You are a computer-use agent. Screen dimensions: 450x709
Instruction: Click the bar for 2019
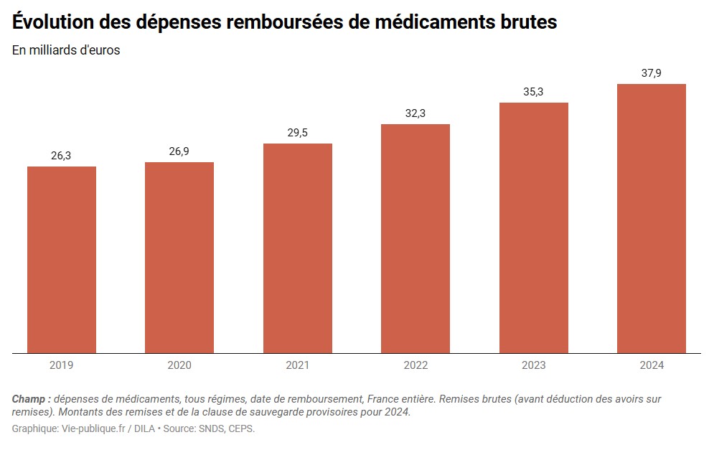tap(62, 260)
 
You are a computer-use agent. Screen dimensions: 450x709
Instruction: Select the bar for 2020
tap(179, 258)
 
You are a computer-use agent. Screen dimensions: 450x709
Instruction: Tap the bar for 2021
tap(298, 248)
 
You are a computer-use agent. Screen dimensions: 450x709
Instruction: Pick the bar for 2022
tap(415, 238)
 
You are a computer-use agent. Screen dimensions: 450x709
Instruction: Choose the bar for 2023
tap(534, 228)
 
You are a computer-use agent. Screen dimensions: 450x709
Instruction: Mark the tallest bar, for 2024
tap(652, 218)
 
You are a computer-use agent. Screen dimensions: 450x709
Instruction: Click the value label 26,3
tap(61, 156)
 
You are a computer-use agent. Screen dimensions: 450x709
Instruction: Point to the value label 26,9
tap(179, 151)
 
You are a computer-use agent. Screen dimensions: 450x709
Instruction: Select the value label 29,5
tap(297, 133)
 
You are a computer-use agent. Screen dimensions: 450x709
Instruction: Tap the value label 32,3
tap(415, 113)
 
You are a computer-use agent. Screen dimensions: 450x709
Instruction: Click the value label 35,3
tap(533, 92)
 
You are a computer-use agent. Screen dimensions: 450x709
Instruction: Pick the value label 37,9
tap(652, 73)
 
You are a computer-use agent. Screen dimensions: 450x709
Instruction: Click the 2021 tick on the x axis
tap(298, 365)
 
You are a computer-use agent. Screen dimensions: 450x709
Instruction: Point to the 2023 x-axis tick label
tap(534, 365)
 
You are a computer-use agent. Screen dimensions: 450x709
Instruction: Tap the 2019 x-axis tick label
tap(62, 365)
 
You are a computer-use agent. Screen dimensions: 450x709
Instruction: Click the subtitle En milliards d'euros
tap(66, 50)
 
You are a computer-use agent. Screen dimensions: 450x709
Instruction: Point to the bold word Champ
tap(30, 398)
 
